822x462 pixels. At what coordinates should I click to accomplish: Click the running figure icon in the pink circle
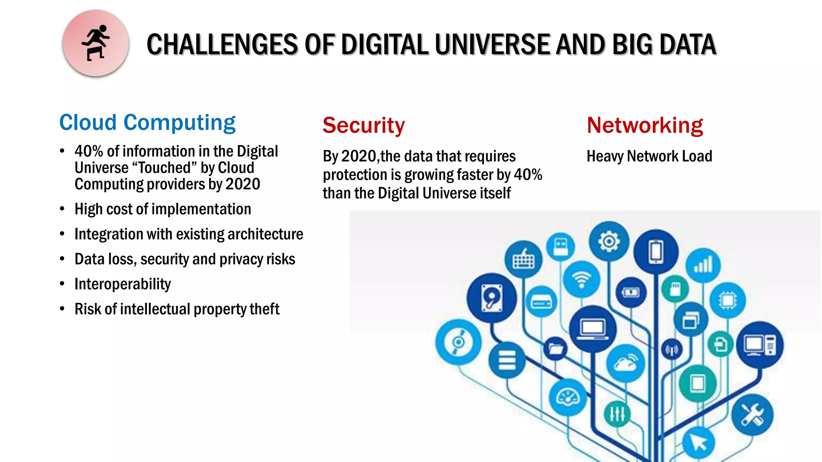coord(96,43)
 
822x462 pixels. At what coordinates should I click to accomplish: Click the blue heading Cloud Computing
coord(147,122)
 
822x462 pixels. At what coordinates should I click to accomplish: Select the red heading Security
coord(364,125)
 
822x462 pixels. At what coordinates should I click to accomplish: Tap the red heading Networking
coord(645,125)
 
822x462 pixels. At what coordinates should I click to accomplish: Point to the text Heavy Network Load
coord(649,156)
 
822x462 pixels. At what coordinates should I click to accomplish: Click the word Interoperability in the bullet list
coord(122,284)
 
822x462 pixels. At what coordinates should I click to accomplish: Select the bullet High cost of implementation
coord(163,209)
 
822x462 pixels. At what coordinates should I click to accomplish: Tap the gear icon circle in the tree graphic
coord(609,241)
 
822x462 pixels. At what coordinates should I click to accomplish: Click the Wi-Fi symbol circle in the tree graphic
coord(581,280)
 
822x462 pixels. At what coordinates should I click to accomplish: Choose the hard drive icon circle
coord(492,298)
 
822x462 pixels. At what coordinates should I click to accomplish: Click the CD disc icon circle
coord(458,342)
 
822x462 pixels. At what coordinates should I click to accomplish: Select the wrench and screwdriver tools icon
coord(752,415)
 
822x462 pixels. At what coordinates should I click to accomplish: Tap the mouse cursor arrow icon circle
coord(699,443)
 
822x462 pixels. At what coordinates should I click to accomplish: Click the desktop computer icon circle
coord(759,345)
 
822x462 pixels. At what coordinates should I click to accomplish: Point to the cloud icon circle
coord(625,363)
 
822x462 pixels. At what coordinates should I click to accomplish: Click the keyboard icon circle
coord(523,260)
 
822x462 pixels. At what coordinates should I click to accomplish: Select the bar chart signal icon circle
coord(703,265)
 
